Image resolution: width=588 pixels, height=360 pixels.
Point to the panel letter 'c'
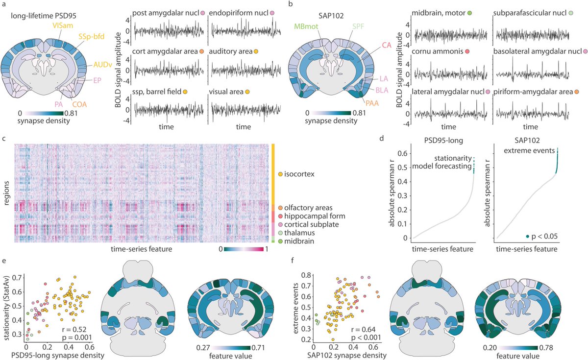click(x=3, y=139)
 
